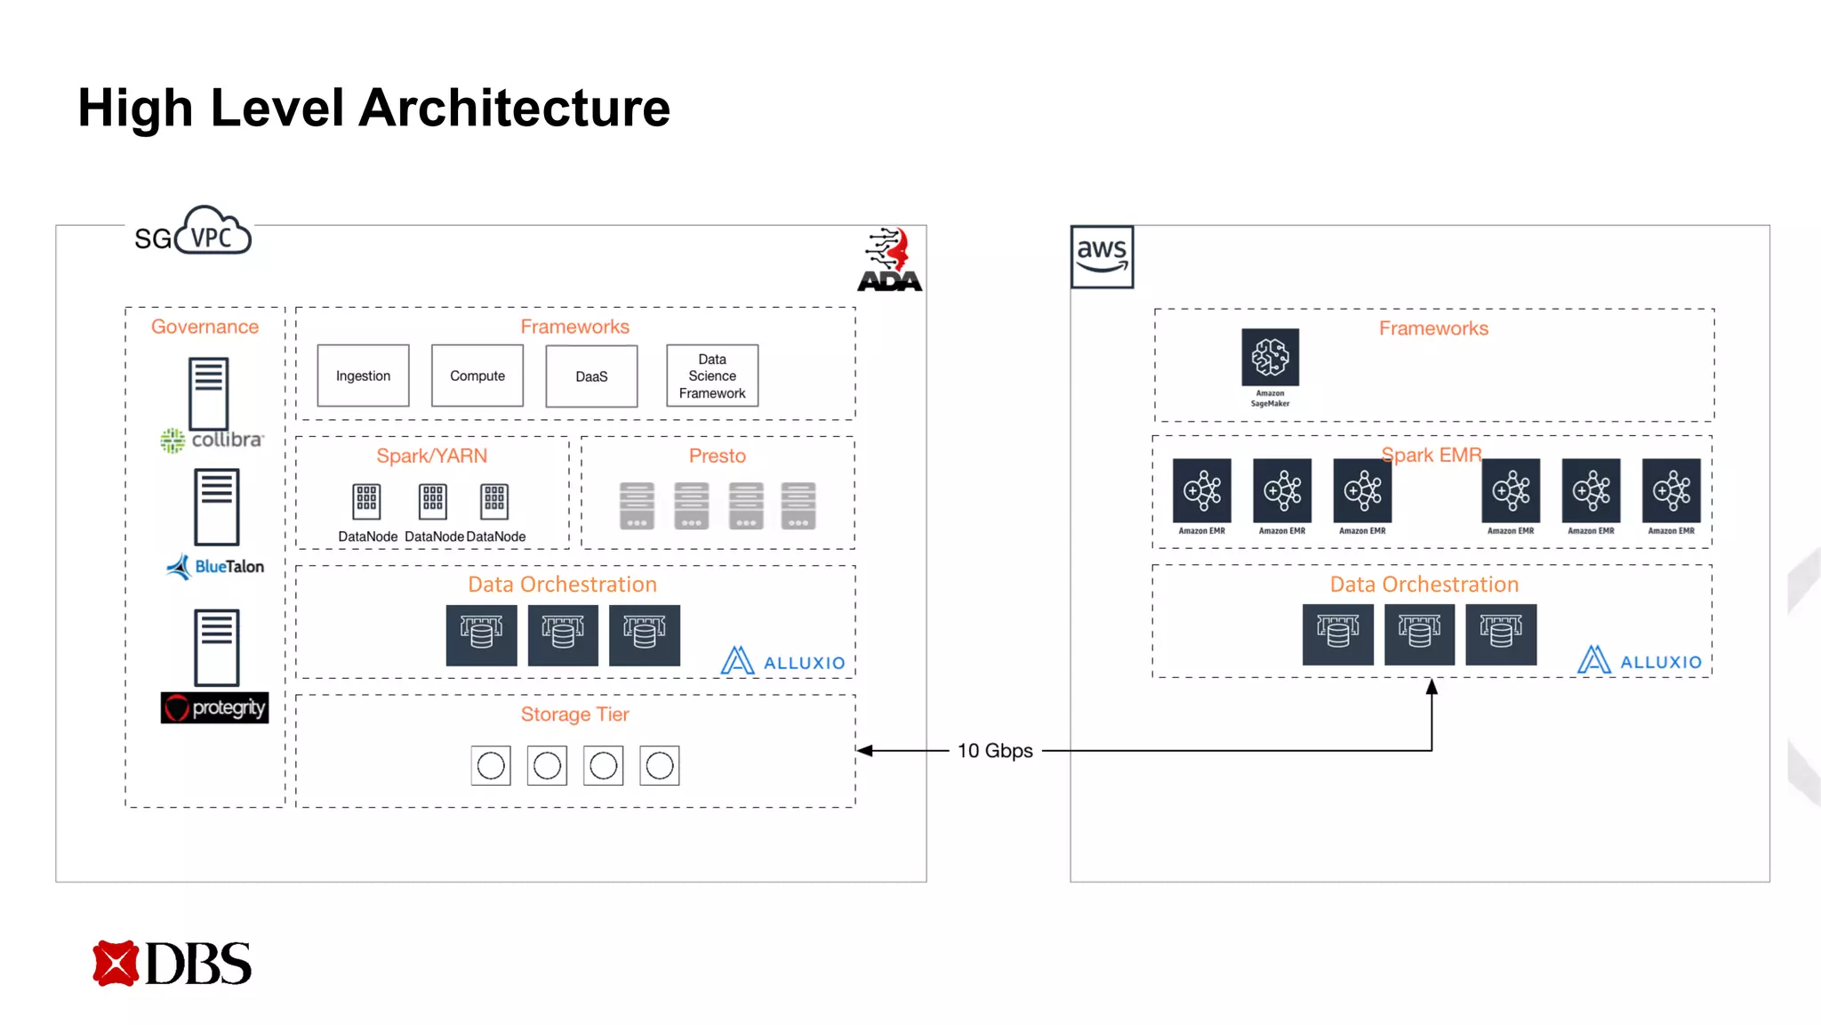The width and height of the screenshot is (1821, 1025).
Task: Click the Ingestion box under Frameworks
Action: point(363,375)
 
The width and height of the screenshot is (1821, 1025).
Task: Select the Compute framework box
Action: point(477,375)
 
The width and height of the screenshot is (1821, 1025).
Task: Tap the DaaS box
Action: point(591,376)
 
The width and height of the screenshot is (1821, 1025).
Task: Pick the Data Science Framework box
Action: point(712,375)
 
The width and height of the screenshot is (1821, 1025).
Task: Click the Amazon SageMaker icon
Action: point(1270,358)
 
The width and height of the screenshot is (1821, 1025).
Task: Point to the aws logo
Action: point(1102,256)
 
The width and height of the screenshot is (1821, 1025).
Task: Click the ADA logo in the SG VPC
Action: point(890,260)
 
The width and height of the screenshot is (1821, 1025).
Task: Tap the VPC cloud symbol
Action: point(213,232)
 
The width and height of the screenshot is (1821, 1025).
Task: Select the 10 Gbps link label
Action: point(995,751)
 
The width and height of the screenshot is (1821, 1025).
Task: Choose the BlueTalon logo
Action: point(216,566)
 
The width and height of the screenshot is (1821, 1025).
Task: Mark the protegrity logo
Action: point(214,707)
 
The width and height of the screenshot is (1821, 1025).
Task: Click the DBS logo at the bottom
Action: point(172,964)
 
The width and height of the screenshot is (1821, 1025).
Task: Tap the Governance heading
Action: point(205,327)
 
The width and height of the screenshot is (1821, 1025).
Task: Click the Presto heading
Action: point(717,456)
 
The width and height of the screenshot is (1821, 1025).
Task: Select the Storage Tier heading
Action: point(574,714)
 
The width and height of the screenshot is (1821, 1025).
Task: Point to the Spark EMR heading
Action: point(1431,455)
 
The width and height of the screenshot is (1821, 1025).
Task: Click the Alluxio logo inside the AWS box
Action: point(1640,660)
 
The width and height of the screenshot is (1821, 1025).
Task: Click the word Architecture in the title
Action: point(514,108)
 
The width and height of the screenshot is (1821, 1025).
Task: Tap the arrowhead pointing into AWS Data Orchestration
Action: point(1432,687)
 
